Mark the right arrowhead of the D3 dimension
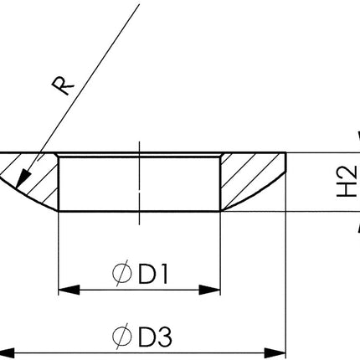tap(277, 352)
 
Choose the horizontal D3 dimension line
tap(142, 352)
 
